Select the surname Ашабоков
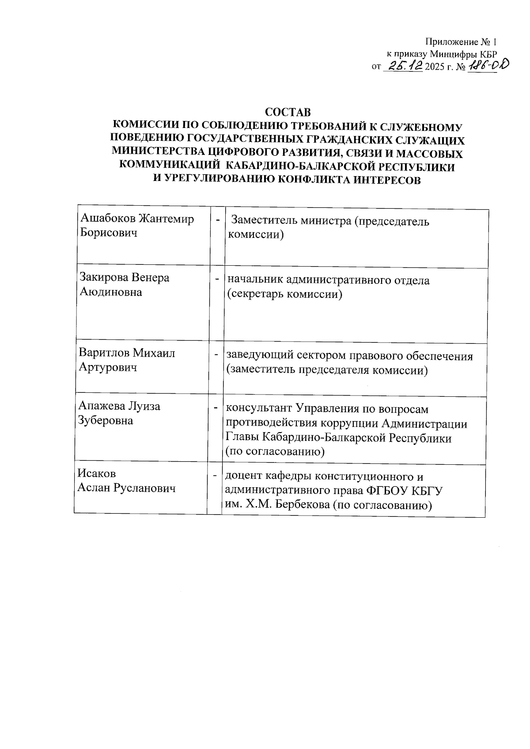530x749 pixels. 108,219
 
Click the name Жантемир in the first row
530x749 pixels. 167,219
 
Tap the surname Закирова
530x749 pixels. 104,278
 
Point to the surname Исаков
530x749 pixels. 96,474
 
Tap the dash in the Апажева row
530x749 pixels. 216,407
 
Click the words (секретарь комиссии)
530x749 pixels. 284,294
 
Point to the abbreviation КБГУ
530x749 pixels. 427,491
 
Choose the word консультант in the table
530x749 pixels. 258,409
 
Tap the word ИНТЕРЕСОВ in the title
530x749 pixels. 384,180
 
